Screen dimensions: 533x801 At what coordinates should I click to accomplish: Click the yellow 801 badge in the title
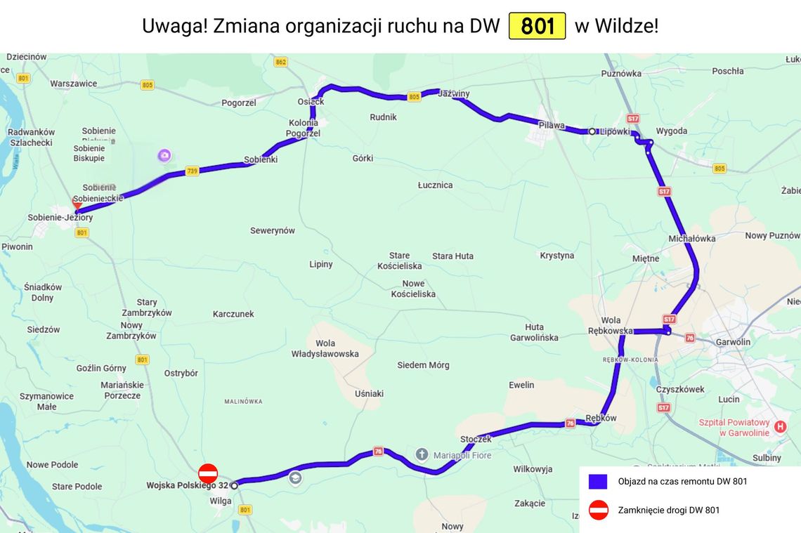pos(537,27)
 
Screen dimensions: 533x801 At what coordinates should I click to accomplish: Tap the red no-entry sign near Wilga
pos(208,473)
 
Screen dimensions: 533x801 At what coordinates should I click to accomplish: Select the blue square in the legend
pos(598,482)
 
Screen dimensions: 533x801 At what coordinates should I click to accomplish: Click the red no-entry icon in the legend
pos(598,510)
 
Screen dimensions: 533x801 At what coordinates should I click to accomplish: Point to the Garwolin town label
pos(733,342)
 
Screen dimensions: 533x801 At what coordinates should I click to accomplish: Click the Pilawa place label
pos(552,125)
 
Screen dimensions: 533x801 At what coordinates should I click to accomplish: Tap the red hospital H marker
pos(780,426)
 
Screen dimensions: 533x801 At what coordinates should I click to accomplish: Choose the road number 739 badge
pos(193,171)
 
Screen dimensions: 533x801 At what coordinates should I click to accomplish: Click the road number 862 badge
pos(281,62)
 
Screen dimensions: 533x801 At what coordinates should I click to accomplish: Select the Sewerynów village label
pos(273,230)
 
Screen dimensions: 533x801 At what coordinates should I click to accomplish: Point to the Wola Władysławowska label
pos(325,348)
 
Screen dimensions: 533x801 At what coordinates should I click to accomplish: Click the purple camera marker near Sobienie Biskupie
pos(164,155)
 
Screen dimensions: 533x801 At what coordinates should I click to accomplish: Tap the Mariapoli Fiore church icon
pos(422,454)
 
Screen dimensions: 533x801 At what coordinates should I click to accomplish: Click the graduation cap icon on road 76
pos(295,478)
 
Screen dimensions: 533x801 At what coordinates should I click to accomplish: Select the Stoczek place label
pos(476,440)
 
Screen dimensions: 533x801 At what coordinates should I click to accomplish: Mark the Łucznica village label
pos(435,185)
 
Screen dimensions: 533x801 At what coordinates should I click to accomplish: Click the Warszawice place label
pos(74,84)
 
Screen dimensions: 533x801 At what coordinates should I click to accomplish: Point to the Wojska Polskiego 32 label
pos(187,485)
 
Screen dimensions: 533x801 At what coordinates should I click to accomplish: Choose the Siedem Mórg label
pos(423,365)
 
